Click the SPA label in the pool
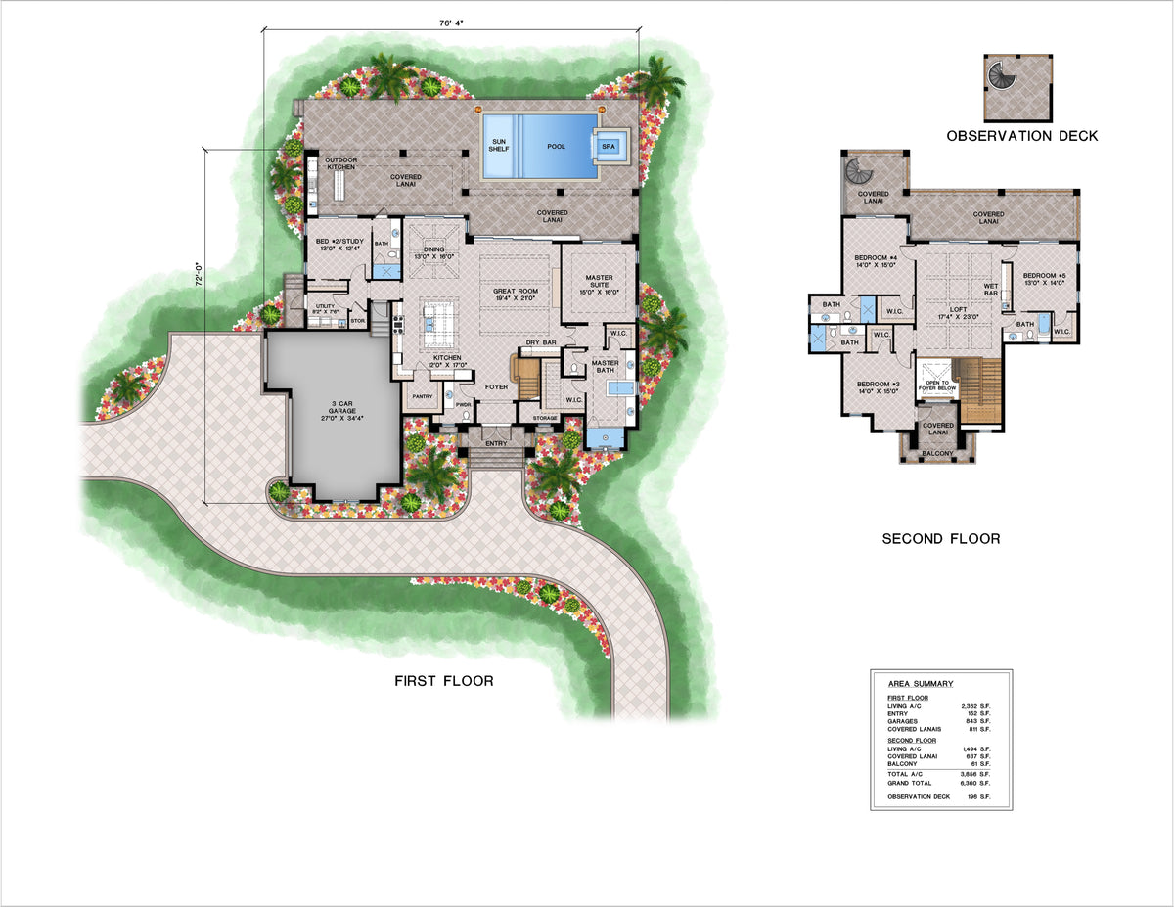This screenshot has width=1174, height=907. click(609, 147)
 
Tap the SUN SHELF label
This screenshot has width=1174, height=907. click(499, 146)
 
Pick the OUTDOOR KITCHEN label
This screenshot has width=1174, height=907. click(341, 163)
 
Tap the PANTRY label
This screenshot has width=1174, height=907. click(423, 396)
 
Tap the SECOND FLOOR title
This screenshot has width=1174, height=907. click(941, 538)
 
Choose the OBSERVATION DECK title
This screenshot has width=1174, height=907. click(1021, 136)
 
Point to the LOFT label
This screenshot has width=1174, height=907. click(946, 312)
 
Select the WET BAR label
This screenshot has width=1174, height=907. click(990, 291)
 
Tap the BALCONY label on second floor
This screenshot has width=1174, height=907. click(937, 453)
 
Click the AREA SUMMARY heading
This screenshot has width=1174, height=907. click(920, 684)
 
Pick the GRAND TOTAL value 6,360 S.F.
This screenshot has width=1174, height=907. click(973, 783)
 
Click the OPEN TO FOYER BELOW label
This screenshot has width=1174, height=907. click(937, 385)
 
